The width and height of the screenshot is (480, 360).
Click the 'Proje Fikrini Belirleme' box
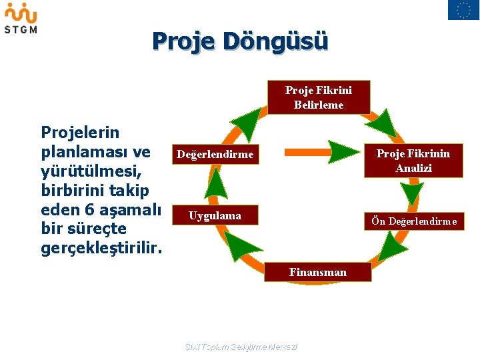click(319, 98)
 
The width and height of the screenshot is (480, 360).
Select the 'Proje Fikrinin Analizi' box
click(413, 161)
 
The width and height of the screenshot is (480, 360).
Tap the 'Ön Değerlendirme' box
click(414, 221)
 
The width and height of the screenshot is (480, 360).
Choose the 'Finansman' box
click(318, 272)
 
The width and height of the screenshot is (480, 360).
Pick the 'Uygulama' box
click(215, 216)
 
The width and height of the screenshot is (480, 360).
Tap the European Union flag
click(463, 10)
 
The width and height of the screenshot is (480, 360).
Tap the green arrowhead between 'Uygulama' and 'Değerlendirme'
click(215, 183)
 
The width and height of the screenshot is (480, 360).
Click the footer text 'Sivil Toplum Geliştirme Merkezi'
click(240, 347)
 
